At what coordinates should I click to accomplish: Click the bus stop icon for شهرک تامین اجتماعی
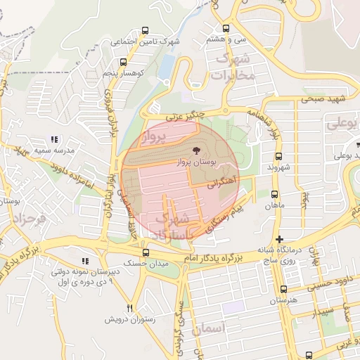pyautogui.click(x=145, y=31)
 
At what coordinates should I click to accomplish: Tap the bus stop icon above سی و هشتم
pyautogui.click(x=226, y=29)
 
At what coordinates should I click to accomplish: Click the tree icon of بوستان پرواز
pyautogui.click(x=195, y=150)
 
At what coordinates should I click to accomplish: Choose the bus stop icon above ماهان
pyautogui.click(x=274, y=195)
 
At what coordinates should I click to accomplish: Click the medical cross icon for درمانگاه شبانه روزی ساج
pyautogui.click(x=280, y=239)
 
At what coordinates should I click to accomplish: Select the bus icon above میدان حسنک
pyautogui.click(x=146, y=252)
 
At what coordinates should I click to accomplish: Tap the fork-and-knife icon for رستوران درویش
pyautogui.click(x=129, y=309)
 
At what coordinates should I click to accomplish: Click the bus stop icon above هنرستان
pyautogui.click(x=283, y=289)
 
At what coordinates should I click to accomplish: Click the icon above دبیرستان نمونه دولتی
pyautogui.click(x=85, y=261)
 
